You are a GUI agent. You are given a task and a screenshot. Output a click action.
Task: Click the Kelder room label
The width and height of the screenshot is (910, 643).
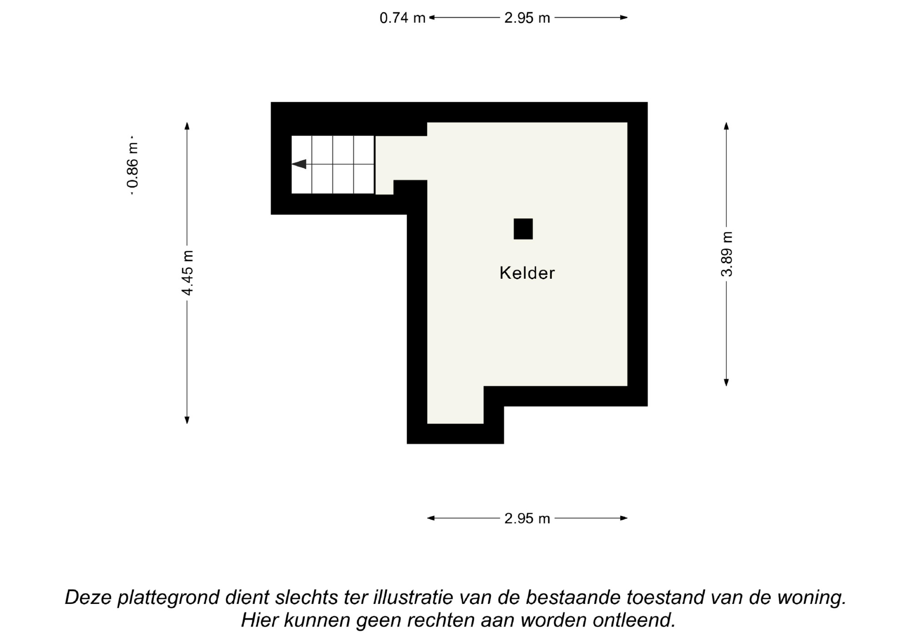527,273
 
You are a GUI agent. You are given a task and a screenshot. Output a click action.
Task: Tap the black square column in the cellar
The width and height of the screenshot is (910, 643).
523,229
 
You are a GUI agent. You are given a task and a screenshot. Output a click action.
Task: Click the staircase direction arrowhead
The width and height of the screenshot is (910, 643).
299,164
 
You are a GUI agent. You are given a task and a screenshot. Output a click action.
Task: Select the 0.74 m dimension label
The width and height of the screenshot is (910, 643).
403,18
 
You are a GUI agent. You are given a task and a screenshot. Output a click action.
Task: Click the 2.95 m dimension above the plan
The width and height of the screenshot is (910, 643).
527,18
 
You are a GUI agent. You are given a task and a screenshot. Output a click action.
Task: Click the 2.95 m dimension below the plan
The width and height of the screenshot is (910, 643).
527,518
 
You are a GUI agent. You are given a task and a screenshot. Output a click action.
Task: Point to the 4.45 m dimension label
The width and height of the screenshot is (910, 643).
187,273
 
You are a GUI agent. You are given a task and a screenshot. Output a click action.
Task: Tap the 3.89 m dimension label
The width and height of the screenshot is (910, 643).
727,254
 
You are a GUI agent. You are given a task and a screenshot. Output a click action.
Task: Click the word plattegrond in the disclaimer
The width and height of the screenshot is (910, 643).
168,598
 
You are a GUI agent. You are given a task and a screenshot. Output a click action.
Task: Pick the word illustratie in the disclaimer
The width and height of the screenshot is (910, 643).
413,597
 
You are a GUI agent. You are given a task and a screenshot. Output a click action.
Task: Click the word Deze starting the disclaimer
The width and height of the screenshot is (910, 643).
88,598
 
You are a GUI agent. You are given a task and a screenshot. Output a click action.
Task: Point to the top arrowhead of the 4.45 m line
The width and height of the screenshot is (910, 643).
187,126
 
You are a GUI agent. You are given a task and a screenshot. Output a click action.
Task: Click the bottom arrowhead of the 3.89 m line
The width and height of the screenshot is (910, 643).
726,382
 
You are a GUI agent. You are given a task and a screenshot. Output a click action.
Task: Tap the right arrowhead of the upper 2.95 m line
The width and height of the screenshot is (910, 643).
624,18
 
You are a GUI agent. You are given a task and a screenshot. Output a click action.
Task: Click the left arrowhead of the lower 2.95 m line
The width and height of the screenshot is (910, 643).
431,518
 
